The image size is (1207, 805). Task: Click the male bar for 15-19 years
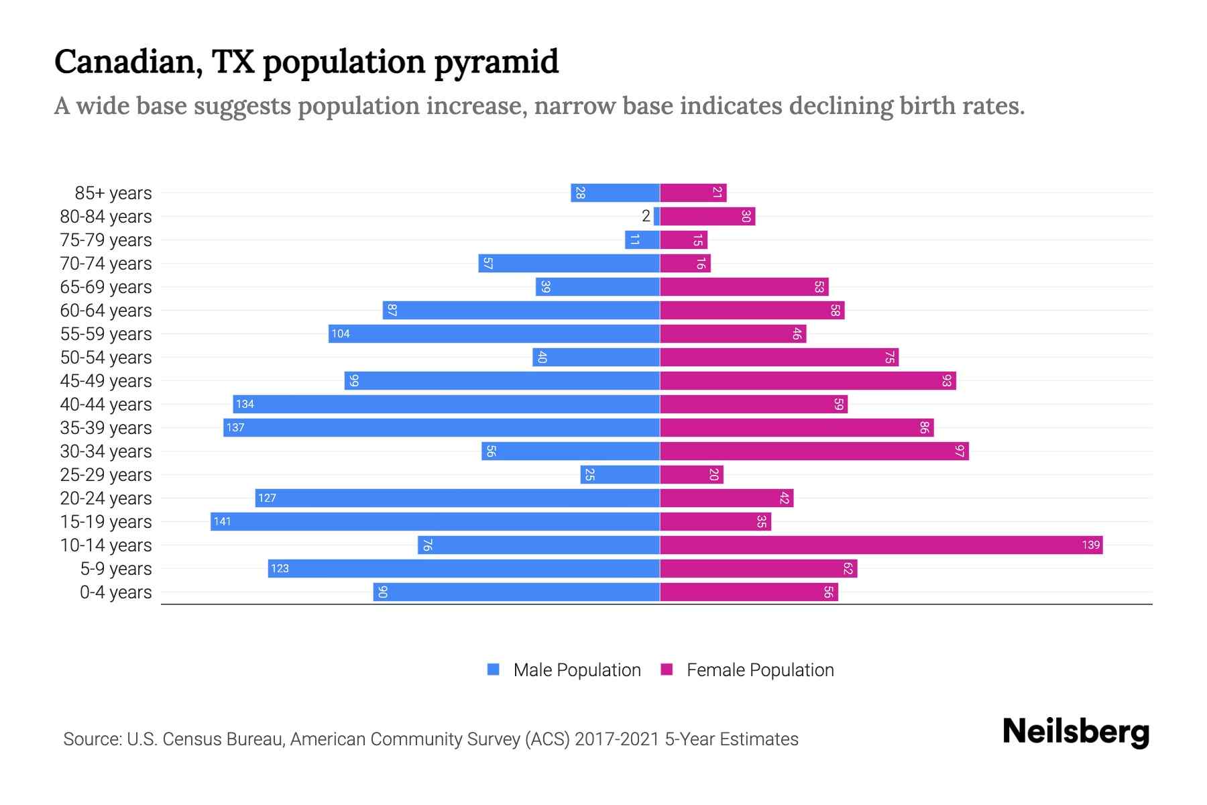(436, 521)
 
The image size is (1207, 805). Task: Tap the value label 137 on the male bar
(235, 428)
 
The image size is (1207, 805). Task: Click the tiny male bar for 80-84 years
(657, 216)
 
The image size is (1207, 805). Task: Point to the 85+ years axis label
(113, 193)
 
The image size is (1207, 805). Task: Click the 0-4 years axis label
(115, 592)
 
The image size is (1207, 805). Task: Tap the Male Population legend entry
(577, 669)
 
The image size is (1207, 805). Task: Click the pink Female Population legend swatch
(667, 669)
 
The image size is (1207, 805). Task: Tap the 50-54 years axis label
(106, 358)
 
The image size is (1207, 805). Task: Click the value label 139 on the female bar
(1090, 545)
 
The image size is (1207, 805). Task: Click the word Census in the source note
(190, 739)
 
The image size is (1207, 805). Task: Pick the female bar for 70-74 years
(684, 263)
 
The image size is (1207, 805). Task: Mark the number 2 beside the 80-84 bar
(646, 216)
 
